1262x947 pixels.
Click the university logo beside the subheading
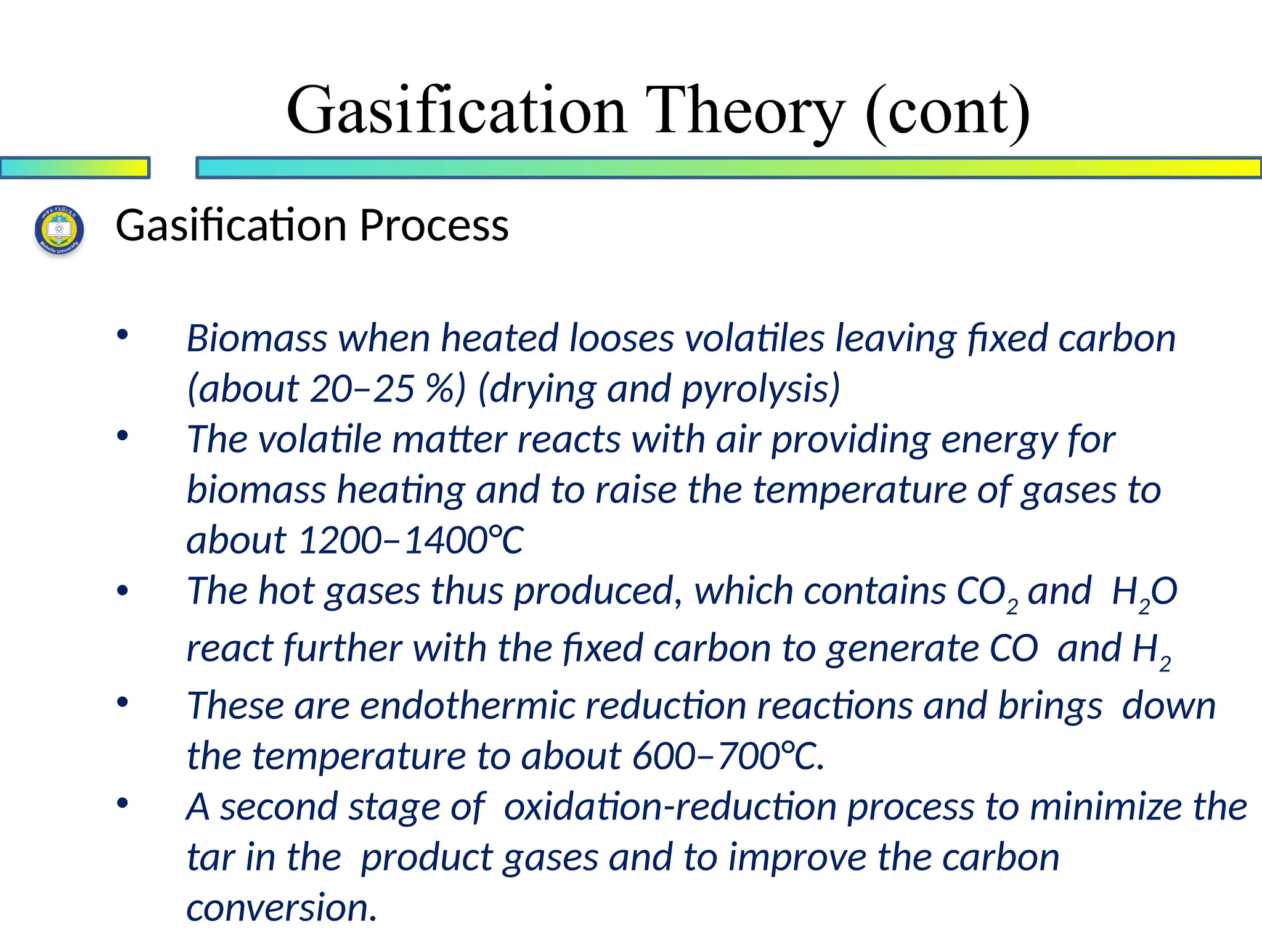[59, 230]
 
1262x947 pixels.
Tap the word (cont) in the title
[947, 111]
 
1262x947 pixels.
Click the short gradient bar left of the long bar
[75, 168]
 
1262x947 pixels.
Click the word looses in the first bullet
[622, 338]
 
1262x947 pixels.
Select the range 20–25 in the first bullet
[362, 389]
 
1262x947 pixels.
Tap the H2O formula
[1144, 592]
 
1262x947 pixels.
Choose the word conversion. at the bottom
[282, 908]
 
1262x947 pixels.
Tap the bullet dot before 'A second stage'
[123, 803]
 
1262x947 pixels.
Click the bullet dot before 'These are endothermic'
[123, 702]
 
